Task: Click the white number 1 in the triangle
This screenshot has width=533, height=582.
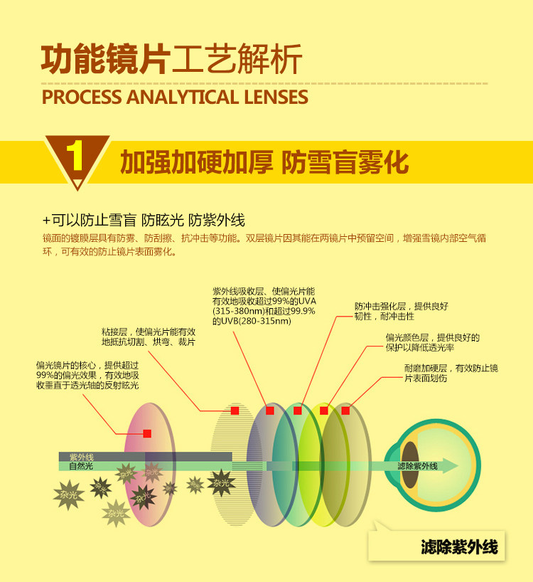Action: pos(77,158)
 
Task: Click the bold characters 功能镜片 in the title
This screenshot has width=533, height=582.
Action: pos(104,60)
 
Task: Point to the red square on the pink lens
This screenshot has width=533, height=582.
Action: pos(147,433)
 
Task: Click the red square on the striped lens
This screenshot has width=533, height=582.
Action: pos(235,411)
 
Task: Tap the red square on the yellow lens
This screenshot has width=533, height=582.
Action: pos(324,411)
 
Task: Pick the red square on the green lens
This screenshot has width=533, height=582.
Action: pos(298,411)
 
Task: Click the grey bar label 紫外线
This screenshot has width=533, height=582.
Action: pos(81,457)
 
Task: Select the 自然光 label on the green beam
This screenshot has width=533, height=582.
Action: pos(81,467)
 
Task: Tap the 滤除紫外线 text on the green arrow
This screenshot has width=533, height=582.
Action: pos(417,466)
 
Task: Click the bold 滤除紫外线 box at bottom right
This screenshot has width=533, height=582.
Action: pos(458,547)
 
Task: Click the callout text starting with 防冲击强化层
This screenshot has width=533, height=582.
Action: pos(401,311)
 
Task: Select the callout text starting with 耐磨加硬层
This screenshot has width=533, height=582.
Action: pos(451,373)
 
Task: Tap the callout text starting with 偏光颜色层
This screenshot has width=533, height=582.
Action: pos(432,342)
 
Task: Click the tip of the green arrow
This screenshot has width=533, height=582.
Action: pos(458,466)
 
